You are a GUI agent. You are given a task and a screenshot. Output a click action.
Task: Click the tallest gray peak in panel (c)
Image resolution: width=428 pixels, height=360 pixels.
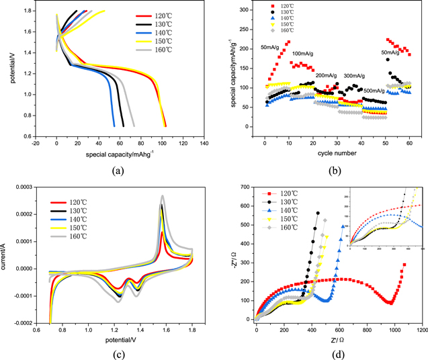point(162,196)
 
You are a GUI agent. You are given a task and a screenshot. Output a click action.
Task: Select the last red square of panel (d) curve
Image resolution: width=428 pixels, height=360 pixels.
point(404,265)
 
